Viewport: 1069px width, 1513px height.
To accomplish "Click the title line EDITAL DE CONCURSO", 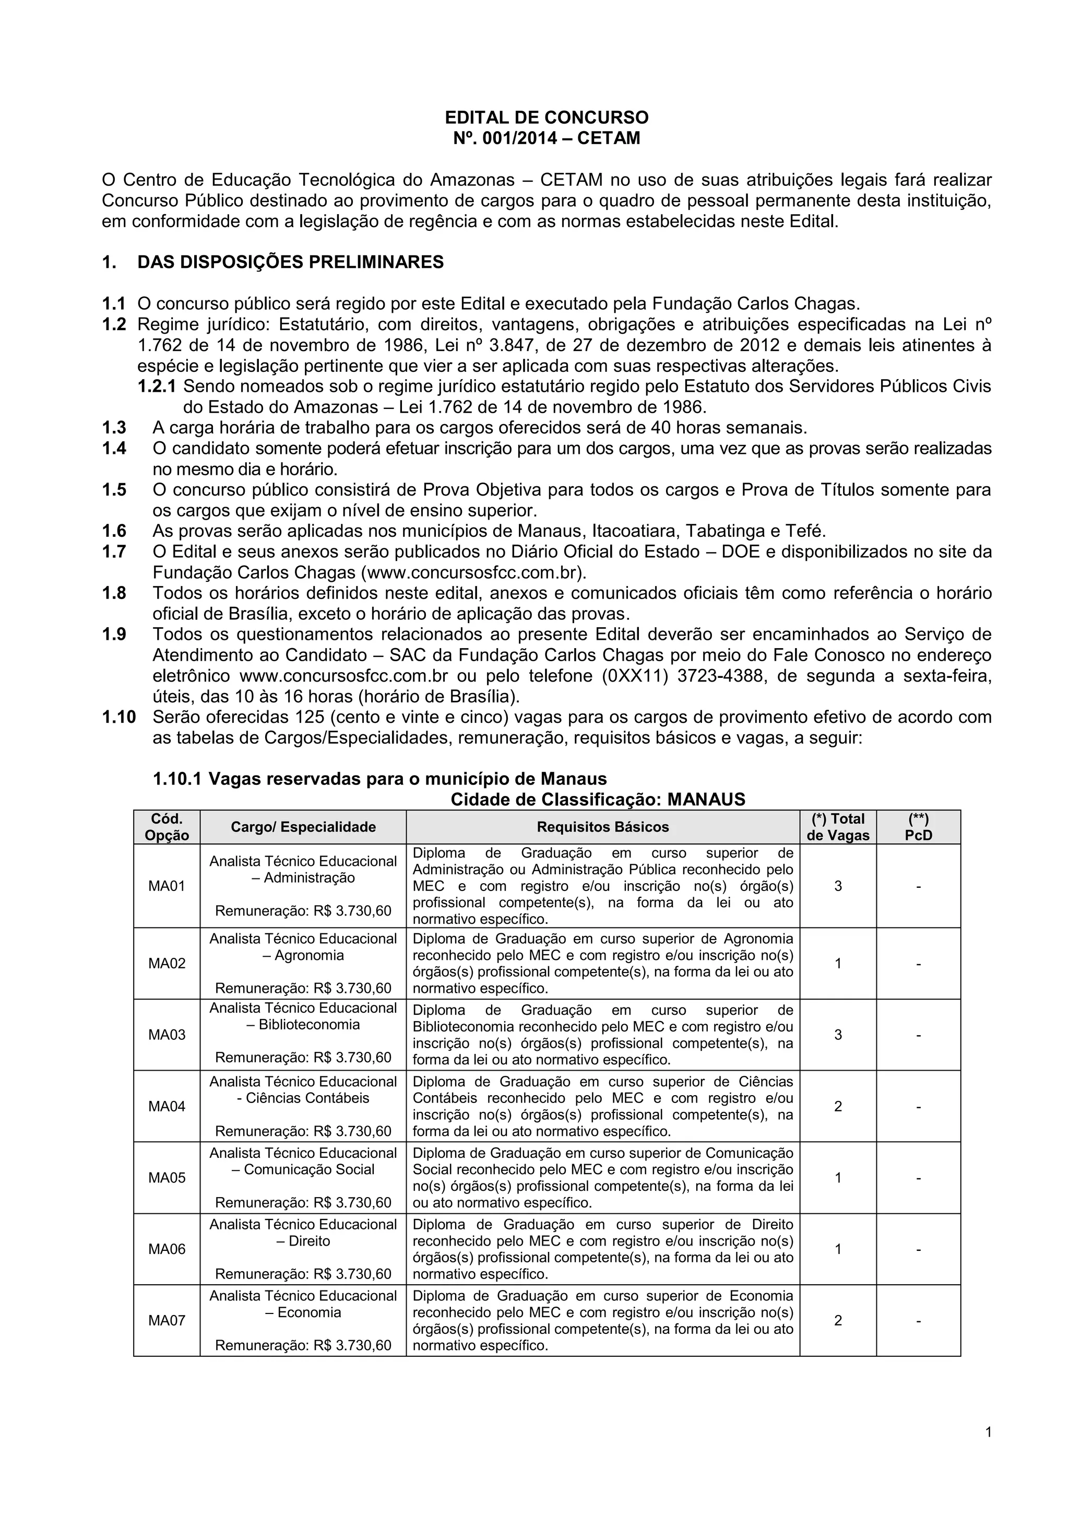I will click(546, 118).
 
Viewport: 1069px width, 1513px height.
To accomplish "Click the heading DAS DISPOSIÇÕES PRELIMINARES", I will click(290, 262).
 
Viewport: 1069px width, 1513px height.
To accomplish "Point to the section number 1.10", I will click(118, 717).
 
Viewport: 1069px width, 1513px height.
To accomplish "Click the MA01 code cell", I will click(167, 886).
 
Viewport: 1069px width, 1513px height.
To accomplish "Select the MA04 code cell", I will click(167, 1106).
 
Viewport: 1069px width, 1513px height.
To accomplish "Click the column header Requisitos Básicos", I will click(603, 827).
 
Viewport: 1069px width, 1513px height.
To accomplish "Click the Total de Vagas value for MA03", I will click(838, 1035).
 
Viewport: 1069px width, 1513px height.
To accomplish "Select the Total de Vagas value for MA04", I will click(838, 1106).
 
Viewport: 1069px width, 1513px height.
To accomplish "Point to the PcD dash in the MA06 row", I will click(918, 1249).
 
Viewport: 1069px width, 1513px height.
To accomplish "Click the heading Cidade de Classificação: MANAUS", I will click(598, 800).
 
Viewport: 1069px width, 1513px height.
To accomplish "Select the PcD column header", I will click(918, 827).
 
